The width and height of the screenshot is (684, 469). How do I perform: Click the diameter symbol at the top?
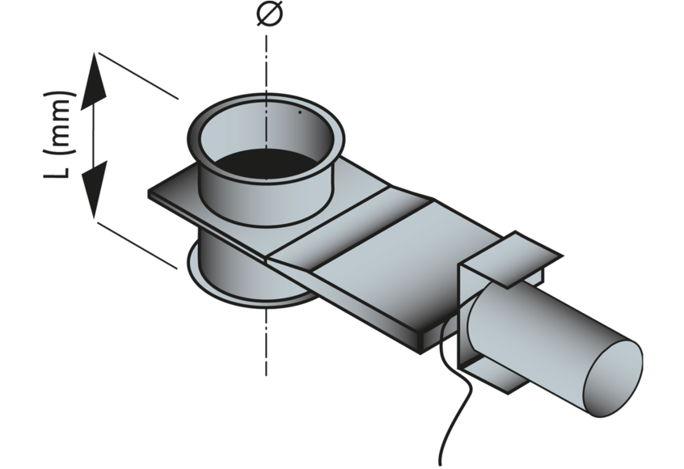(x=269, y=13)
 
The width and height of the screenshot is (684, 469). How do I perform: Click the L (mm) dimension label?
(x=59, y=135)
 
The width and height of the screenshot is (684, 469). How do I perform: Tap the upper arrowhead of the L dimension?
(x=94, y=81)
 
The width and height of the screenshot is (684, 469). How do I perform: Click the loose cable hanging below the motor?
(x=454, y=393)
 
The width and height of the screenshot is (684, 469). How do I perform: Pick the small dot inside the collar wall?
(x=300, y=112)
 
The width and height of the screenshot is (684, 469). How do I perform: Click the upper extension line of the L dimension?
(x=138, y=76)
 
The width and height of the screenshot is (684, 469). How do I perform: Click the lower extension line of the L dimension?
(x=137, y=245)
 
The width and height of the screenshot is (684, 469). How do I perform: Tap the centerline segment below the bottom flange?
(x=266, y=341)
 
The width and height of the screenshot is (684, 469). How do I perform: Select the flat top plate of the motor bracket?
(x=510, y=259)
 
